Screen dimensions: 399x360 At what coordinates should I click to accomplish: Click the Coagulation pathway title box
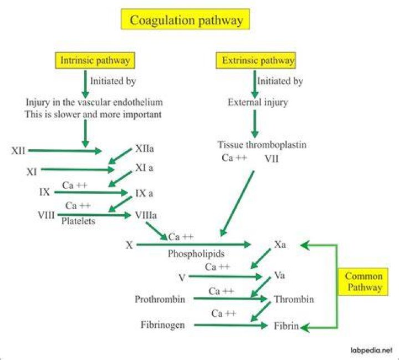185,19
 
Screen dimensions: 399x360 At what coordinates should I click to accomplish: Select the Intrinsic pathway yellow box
95,60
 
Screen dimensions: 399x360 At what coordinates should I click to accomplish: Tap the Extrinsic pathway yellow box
255,60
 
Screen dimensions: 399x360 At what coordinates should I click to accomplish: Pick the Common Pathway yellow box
364,282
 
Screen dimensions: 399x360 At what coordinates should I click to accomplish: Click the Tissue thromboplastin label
262,144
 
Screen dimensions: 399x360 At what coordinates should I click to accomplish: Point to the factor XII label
18,150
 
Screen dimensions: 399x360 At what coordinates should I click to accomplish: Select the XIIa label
145,149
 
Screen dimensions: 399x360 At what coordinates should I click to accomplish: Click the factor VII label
272,159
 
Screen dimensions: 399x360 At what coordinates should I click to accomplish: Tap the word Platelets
78,221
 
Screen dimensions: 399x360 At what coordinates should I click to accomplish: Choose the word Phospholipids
196,253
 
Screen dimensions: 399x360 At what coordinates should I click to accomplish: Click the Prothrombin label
160,299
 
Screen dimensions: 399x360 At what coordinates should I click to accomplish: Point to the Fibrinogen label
163,325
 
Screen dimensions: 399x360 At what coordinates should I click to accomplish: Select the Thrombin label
294,299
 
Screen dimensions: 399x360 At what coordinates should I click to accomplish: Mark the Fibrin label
287,326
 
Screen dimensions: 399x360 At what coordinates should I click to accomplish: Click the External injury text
258,102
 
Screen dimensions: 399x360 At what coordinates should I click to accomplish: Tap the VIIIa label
146,215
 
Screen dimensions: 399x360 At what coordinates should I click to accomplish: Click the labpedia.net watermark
371,351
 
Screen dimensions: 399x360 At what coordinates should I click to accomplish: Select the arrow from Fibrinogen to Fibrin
231,326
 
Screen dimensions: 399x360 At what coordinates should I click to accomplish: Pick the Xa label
280,245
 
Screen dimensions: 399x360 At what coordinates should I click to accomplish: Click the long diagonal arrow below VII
237,204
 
